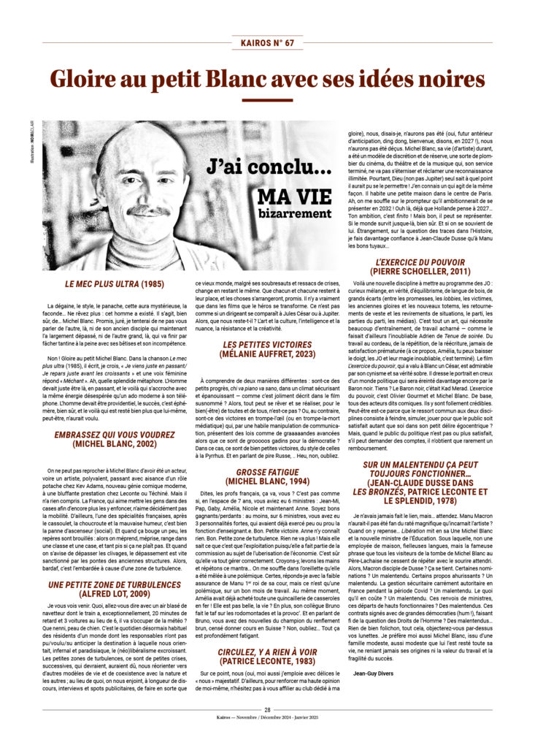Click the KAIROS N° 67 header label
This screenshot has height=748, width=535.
pos(267,42)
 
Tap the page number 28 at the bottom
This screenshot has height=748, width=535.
pos(267,709)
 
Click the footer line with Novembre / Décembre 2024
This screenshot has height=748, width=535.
pos(267,719)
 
